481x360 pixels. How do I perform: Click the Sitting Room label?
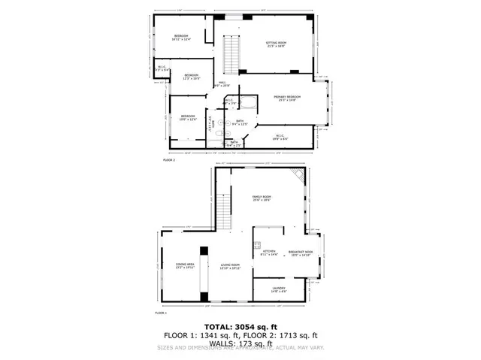click(277, 44)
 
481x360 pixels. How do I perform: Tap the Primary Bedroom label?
click(287, 98)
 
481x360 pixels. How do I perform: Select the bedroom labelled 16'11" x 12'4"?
click(181, 38)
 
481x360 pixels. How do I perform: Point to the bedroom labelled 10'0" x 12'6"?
click(187, 117)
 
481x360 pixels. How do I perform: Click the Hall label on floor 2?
click(222, 84)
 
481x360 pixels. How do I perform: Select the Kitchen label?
click(269, 253)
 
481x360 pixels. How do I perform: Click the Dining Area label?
click(185, 266)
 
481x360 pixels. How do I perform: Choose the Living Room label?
click(230, 266)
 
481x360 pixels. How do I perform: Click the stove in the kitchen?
click(256, 251)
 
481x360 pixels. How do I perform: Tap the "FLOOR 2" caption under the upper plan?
click(168, 160)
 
